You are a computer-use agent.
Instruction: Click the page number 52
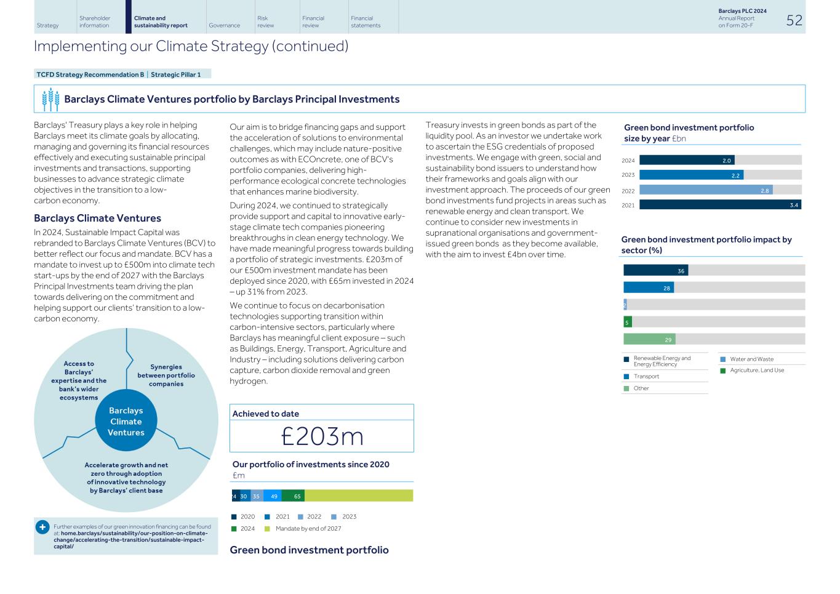[x=794, y=20]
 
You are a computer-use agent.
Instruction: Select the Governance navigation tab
[x=224, y=25]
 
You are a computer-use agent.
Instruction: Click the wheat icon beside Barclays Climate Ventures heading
[x=50, y=99]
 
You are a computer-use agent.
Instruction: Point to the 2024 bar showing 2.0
[x=686, y=160]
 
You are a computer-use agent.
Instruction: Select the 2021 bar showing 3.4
[x=719, y=205]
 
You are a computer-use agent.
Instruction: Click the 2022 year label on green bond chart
[x=628, y=191]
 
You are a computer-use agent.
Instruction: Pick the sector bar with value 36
[x=655, y=270]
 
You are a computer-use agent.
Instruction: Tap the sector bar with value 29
[x=649, y=339]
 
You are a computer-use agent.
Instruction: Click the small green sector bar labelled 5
[x=627, y=322]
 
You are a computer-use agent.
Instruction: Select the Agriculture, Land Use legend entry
[x=756, y=370]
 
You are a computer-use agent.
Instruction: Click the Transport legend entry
[x=646, y=376]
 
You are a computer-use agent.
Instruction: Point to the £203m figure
[x=322, y=436]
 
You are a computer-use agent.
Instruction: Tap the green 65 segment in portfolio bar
[x=293, y=496]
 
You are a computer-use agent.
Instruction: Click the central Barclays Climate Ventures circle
[x=126, y=422]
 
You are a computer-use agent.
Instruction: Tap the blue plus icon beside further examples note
[x=42, y=528]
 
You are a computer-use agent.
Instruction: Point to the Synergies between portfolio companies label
[x=166, y=375]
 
